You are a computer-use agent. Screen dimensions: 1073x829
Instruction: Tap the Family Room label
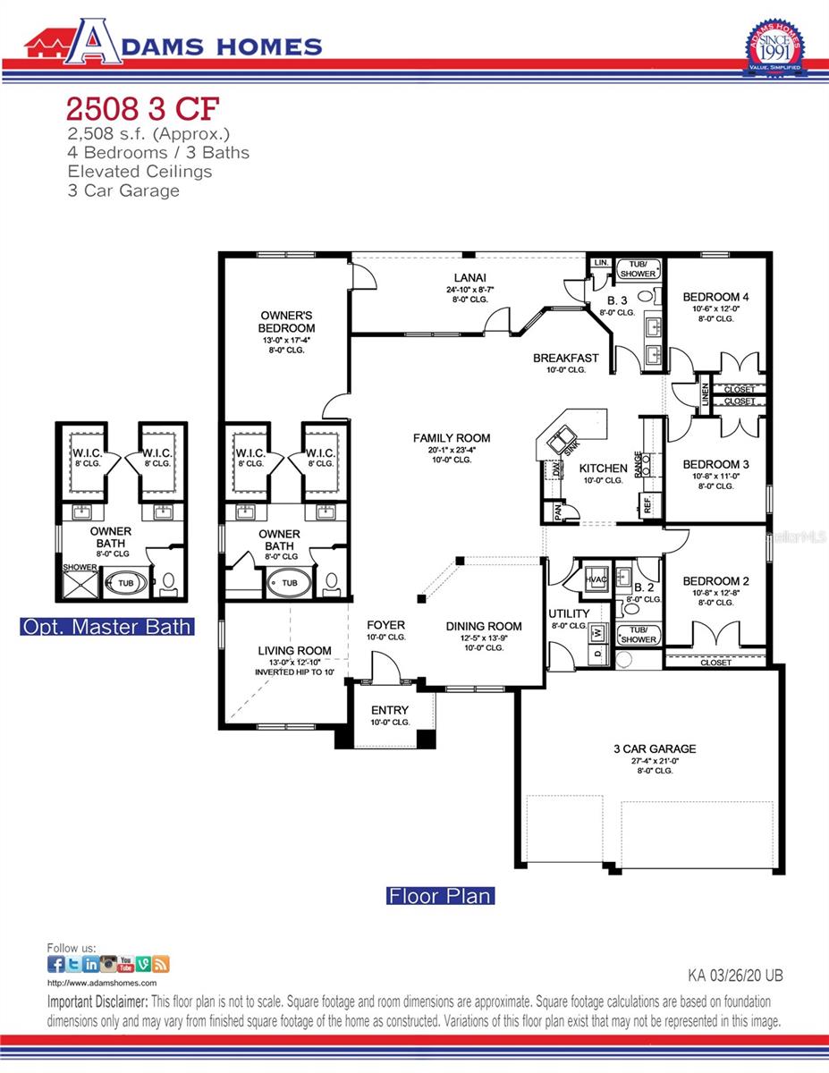tap(451, 438)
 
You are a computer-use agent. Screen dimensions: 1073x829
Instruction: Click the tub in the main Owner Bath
tap(289, 583)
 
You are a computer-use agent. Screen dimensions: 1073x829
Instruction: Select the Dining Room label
tap(484, 626)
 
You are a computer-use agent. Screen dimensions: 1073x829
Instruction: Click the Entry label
tap(389, 711)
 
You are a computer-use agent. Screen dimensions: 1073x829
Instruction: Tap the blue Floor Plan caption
tap(439, 895)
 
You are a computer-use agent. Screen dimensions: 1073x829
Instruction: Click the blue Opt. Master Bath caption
tap(106, 627)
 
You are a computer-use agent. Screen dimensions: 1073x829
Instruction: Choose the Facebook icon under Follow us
tap(55, 964)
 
